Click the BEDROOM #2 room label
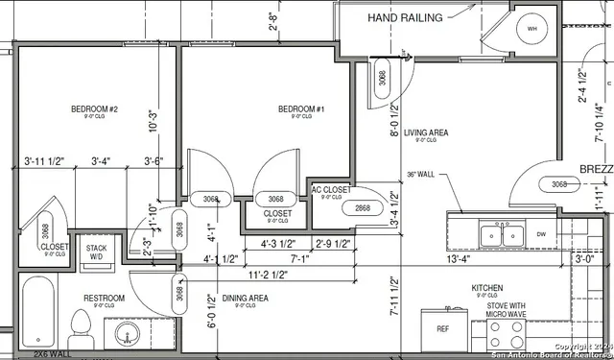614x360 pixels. pyautogui.click(x=94, y=109)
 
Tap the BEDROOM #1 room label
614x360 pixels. pyautogui.click(x=301, y=109)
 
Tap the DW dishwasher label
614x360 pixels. pyautogui.click(x=540, y=233)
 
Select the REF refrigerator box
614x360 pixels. pyautogui.click(x=442, y=328)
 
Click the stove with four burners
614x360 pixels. pyautogui.click(x=507, y=335)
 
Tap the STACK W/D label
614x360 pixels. pyautogui.click(x=96, y=252)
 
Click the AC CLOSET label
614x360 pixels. pyautogui.click(x=330, y=190)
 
